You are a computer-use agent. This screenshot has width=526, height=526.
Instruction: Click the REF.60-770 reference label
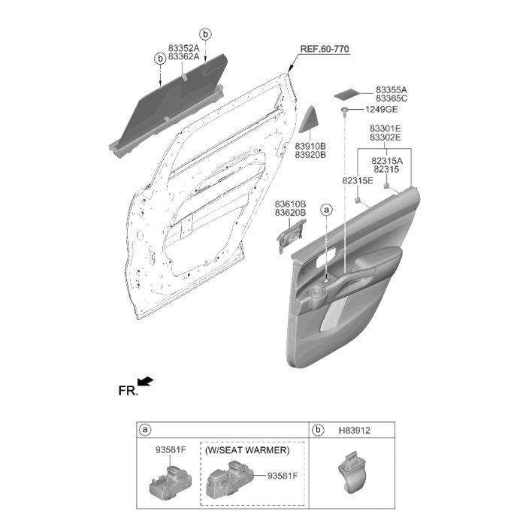tap(325, 49)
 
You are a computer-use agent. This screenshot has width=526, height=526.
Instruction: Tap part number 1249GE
tap(381, 110)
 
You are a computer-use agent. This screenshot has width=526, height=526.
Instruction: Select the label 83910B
tap(310, 147)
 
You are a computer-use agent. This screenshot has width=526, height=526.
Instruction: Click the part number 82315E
tap(358, 180)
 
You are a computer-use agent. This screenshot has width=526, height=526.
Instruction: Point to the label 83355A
tap(391, 90)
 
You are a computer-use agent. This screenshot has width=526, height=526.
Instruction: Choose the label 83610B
tap(290, 204)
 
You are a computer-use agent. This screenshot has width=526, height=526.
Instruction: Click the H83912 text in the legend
tap(354, 431)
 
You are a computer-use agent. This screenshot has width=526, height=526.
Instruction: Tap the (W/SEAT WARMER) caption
tap(247, 450)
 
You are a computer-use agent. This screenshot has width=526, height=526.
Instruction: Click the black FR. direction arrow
tap(146, 382)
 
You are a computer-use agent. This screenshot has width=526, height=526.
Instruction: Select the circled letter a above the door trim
tap(326, 210)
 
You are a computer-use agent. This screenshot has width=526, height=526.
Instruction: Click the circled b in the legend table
tap(317, 431)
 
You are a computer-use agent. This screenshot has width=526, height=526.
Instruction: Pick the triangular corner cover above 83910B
tap(307, 119)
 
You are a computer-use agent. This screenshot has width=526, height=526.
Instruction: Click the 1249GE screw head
tap(344, 110)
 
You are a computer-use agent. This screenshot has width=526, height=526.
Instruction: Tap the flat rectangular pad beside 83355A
tap(347, 94)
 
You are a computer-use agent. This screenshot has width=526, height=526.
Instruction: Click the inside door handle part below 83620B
tap(291, 235)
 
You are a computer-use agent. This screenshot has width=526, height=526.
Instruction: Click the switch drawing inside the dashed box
tap(230, 479)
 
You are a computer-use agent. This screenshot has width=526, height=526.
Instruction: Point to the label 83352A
tap(183, 48)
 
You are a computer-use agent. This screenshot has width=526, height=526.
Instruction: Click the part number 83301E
tap(385, 128)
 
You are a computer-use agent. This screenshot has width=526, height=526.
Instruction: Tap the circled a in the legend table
tap(145, 431)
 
